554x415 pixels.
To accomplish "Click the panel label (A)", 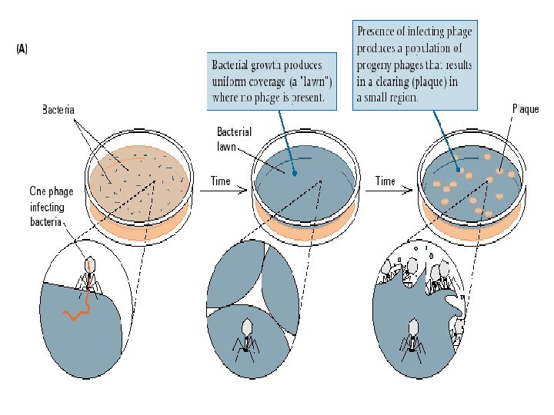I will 22,48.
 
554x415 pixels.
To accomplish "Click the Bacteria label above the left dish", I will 58,110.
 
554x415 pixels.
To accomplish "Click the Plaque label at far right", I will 525,108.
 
